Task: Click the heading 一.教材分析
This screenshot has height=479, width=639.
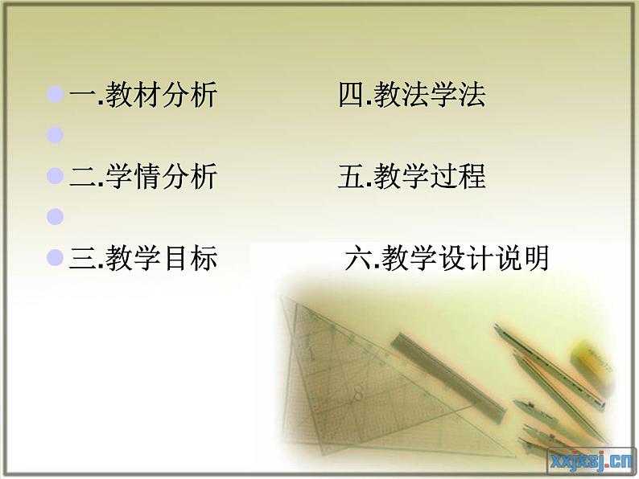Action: coord(143,96)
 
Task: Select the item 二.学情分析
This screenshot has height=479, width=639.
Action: coord(143,177)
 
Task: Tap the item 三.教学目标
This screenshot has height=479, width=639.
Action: coord(143,259)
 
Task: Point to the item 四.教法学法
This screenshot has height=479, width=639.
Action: coord(412,96)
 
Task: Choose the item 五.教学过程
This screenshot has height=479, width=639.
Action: coord(412,177)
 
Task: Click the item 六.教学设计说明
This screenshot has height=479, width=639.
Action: coord(447,259)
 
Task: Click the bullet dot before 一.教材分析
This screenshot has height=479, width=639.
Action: coord(56,96)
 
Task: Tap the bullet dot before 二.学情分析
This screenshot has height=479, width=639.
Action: coord(56,176)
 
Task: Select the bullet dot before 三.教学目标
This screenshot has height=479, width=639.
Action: coord(56,258)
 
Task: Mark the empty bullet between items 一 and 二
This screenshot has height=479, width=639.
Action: coord(56,135)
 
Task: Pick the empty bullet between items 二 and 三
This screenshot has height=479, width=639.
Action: coord(56,216)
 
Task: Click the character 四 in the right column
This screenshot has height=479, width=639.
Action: coord(351,96)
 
